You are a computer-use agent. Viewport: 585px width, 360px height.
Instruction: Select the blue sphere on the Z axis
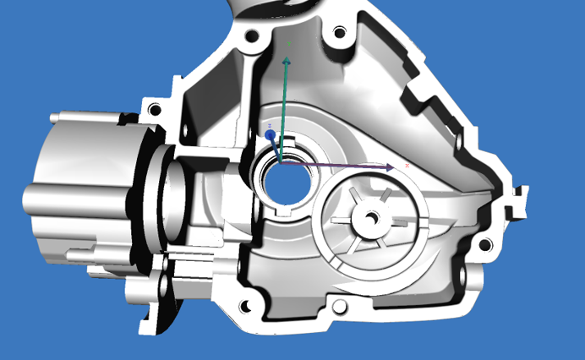[270, 134]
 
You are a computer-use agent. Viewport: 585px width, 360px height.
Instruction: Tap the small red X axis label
[407, 166]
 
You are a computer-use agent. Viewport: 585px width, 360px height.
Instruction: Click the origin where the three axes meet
[281, 164]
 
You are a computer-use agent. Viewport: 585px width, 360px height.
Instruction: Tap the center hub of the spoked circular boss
[369, 219]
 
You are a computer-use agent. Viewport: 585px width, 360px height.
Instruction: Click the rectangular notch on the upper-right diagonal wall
[421, 90]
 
